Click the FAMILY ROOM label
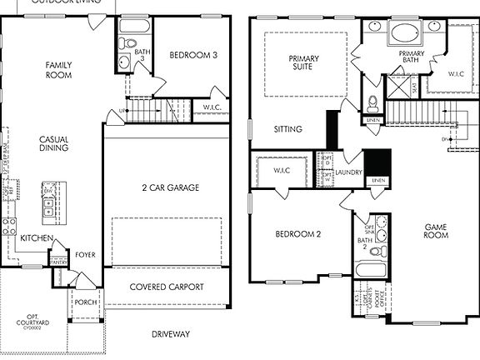click(x=57, y=70)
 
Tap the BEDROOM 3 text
click(x=192, y=55)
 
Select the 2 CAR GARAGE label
click(x=169, y=188)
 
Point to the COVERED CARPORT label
click(x=167, y=287)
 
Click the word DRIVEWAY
click(x=171, y=335)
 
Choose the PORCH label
click(x=86, y=302)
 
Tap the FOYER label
click(x=86, y=255)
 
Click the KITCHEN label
click(x=36, y=238)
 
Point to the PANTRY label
click(x=58, y=262)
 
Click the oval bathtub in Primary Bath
click(x=407, y=35)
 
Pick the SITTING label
click(x=288, y=129)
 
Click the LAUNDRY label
click(x=349, y=172)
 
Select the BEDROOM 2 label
click(x=298, y=234)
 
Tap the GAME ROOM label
click(x=437, y=231)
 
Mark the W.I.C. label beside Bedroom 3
click(x=212, y=107)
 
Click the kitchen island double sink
click(x=47, y=207)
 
